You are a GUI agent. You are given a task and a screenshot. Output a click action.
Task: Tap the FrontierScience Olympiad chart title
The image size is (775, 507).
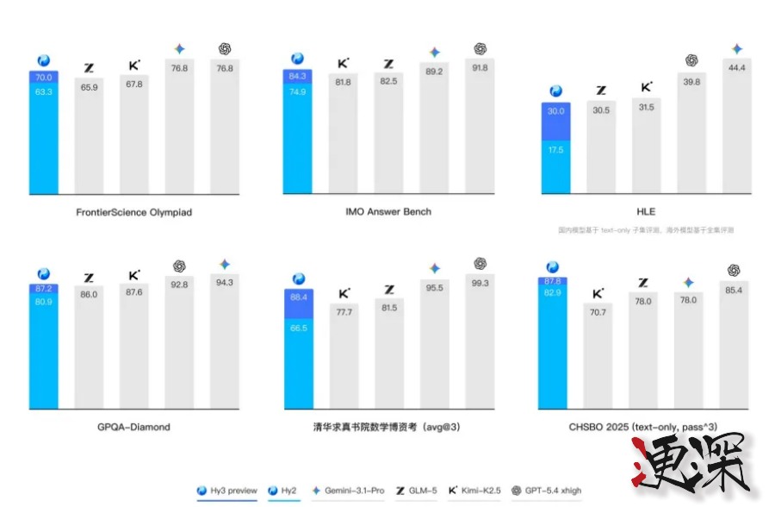click(135, 210)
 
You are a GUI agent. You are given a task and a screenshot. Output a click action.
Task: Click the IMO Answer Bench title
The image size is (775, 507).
click(389, 210)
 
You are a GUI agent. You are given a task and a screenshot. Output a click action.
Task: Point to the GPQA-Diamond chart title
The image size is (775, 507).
click(133, 427)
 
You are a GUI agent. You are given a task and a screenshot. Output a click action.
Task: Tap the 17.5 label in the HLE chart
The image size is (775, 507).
click(555, 149)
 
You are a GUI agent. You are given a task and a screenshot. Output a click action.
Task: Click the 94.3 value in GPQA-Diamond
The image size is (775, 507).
click(225, 282)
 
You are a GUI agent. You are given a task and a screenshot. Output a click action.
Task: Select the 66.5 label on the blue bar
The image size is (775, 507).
click(299, 329)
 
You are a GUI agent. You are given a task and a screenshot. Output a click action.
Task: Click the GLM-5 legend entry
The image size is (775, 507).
click(416, 491)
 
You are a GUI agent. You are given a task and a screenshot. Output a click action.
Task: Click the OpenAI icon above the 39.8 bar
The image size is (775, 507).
click(691, 60)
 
